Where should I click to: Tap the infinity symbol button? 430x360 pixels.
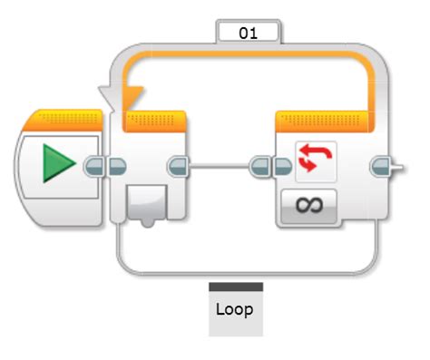point(308,206)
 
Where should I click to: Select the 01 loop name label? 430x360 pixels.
point(248,33)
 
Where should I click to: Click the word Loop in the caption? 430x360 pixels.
point(235,308)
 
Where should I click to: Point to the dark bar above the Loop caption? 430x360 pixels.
point(235,287)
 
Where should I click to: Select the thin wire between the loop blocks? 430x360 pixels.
point(222,166)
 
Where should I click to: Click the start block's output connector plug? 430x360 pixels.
point(94,166)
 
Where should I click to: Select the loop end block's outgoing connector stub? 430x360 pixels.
point(385,166)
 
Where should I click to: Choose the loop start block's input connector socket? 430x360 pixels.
point(117,166)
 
